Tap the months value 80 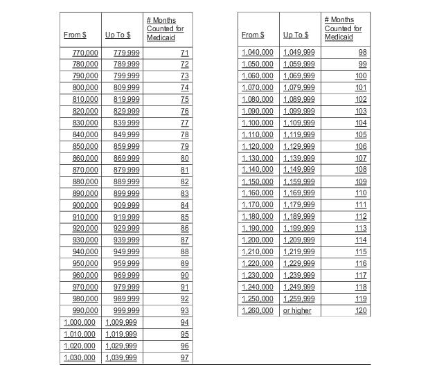tap(184, 159)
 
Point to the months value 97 tap(184, 357)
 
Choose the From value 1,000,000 tap(80, 323)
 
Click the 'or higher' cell tap(297, 311)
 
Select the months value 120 tap(361, 311)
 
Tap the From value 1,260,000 tap(258, 311)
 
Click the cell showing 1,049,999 tap(298, 53)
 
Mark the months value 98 tap(362, 53)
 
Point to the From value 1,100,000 tap(258, 123)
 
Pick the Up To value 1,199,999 tap(298, 229)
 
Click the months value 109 tap(361, 181)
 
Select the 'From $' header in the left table tap(75, 35)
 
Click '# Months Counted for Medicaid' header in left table tap(166, 29)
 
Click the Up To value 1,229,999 tap(298, 264)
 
